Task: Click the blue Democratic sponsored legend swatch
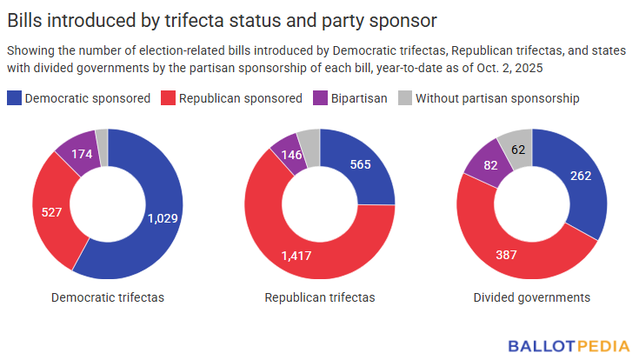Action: [x=14, y=98]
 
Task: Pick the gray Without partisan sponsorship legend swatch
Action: [x=404, y=98]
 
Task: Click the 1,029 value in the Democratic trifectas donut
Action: [x=162, y=218]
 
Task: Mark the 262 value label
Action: [x=580, y=176]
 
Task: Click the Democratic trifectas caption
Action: [x=108, y=297]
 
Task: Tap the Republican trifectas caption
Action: [x=320, y=297]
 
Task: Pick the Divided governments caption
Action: [x=532, y=297]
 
